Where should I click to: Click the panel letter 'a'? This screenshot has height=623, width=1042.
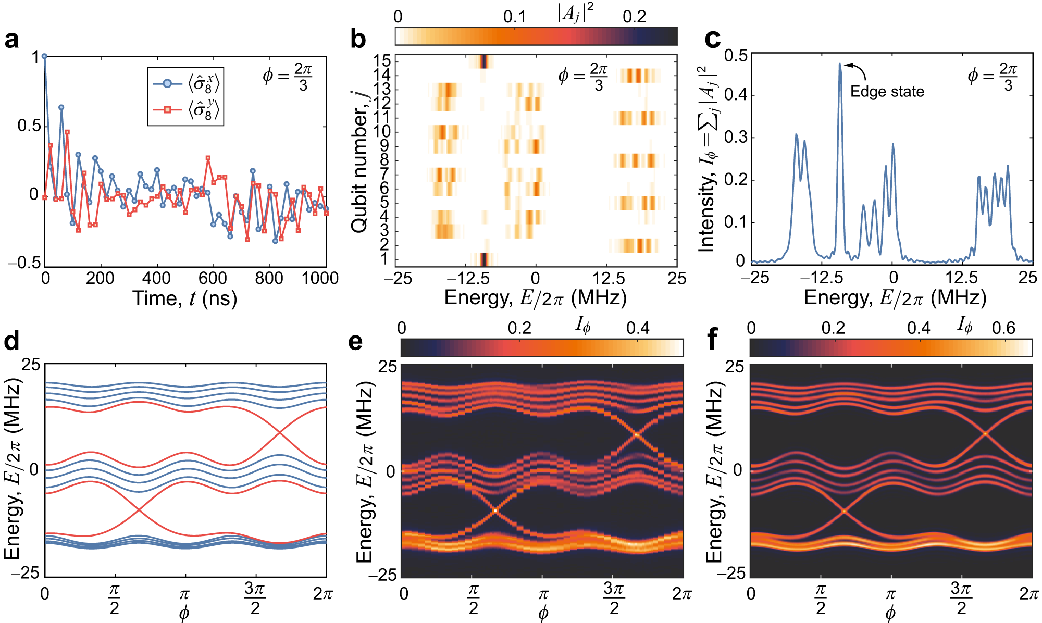point(11,40)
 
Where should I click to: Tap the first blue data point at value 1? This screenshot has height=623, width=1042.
point(45,56)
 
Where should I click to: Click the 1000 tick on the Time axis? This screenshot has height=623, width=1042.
point(320,278)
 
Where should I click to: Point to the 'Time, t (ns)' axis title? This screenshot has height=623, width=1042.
point(185,298)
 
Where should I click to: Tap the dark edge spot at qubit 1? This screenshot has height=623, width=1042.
point(484,259)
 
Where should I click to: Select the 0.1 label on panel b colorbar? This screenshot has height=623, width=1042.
point(515,17)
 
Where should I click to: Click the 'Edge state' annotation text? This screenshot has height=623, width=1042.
point(887,92)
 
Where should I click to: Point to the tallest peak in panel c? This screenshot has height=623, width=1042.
point(840,64)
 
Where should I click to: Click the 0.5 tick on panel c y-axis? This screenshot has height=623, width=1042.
point(735,56)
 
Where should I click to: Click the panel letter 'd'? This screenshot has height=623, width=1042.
point(11,342)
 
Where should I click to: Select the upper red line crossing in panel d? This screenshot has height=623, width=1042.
point(281,432)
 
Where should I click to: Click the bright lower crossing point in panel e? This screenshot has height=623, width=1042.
point(495,510)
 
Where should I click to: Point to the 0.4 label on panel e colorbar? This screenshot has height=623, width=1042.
point(638,328)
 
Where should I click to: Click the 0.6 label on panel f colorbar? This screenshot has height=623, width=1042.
point(1003,328)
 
